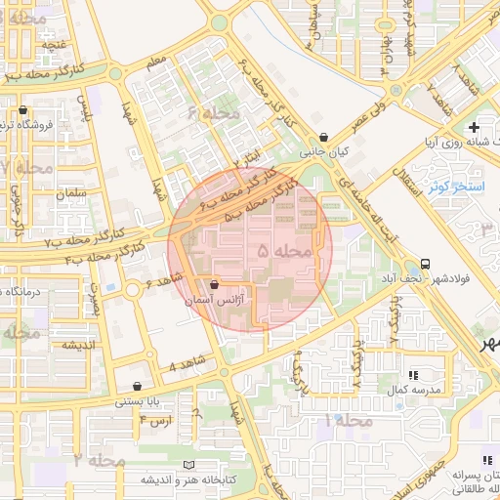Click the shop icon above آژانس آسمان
pyautogui.click(x=214, y=284)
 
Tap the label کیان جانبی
pyautogui.click(x=324, y=152)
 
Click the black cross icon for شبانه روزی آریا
pyautogui.click(x=474, y=128)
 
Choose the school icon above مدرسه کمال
pyautogui.click(x=413, y=374)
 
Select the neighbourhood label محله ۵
pyautogui.click(x=284, y=252)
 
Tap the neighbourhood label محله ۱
pyautogui.click(x=350, y=420)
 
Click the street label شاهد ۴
pyautogui.click(x=185, y=366)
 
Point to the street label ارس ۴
pyautogui.click(x=155, y=419)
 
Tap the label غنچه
pyautogui.click(x=54, y=44)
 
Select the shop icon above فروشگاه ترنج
pyautogui.click(x=21, y=110)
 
